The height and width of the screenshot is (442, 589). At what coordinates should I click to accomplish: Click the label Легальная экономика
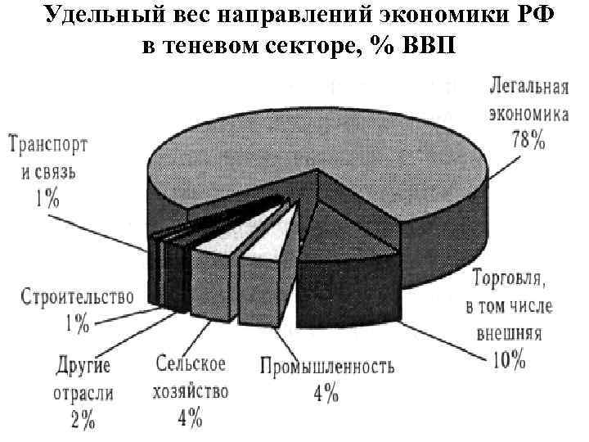click(x=528, y=99)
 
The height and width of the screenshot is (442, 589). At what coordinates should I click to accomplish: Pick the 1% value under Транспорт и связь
click(x=46, y=197)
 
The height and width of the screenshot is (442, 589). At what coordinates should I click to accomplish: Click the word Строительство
click(x=77, y=295)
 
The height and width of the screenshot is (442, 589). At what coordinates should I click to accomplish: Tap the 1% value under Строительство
click(x=77, y=323)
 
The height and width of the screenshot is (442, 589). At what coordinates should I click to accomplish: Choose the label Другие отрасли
click(x=84, y=379)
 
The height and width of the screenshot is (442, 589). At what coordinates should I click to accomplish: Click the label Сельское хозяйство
click(x=190, y=377)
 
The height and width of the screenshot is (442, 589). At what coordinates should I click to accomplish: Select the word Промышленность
click(x=327, y=366)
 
